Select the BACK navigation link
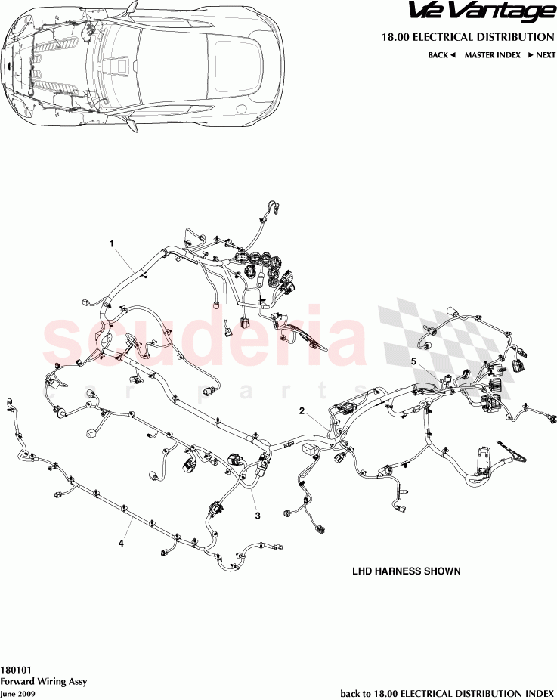point(438,55)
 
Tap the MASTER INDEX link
point(492,55)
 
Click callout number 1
point(112,243)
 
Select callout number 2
point(302,411)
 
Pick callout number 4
point(120,542)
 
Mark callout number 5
point(413,361)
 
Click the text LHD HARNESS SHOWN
point(406,571)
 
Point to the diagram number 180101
point(16,670)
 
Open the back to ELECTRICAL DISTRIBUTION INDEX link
point(447,692)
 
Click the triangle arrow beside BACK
point(453,55)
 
